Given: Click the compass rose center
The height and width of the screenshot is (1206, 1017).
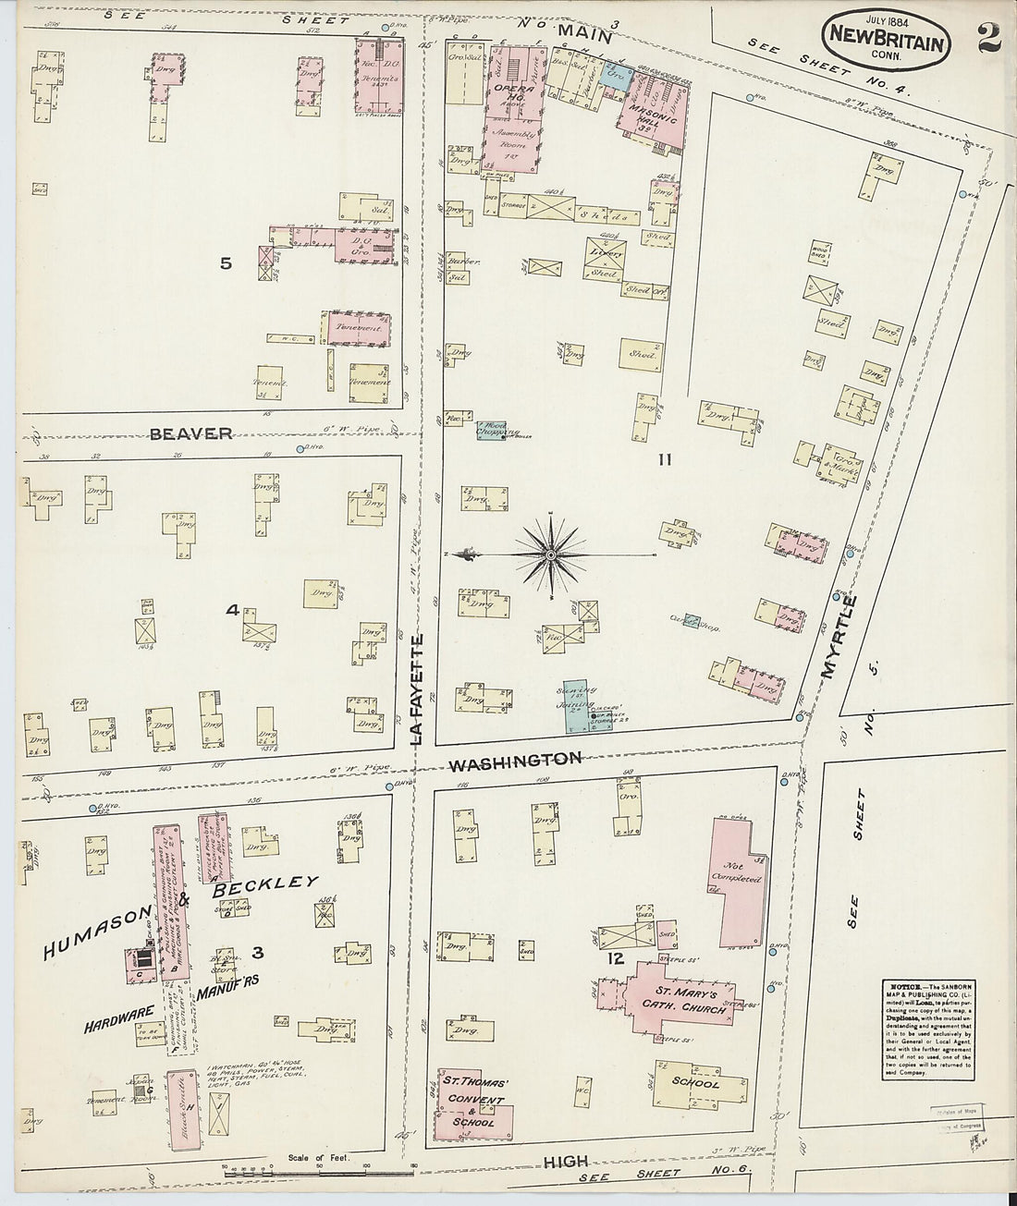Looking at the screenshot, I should pyautogui.click(x=551, y=554).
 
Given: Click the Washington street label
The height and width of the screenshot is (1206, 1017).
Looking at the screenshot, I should pyautogui.click(x=515, y=760).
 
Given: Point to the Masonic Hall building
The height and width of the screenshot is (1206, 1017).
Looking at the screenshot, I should pyautogui.click(x=655, y=116).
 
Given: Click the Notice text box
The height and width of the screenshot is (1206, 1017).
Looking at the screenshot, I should pyautogui.click(x=926, y=1027).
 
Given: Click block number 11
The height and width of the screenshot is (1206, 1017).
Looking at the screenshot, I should pyautogui.click(x=663, y=458).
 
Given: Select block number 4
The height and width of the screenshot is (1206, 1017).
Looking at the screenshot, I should pyautogui.click(x=232, y=610).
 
